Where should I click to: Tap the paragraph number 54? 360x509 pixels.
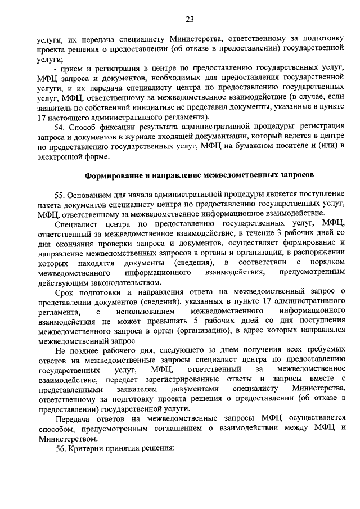coord(61,128)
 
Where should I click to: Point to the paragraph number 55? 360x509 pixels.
coord(61,195)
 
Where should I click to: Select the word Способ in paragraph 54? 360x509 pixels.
coord(83,128)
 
